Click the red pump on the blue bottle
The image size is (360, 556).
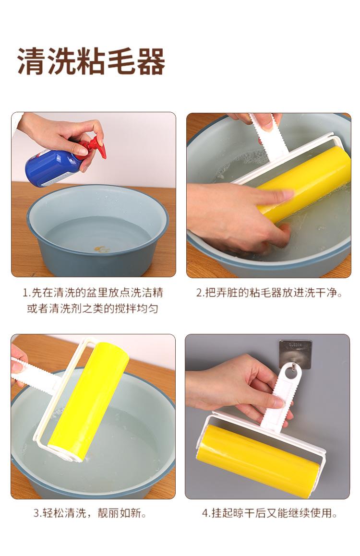point(95,147)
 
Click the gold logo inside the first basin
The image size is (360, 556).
point(101,249)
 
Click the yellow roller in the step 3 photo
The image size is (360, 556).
point(89,400)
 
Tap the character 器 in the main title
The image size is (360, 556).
point(150,61)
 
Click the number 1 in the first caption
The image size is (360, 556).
point(25,293)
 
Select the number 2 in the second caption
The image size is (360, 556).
point(199,293)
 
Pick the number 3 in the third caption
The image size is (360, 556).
point(36,513)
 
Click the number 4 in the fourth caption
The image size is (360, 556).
point(205,513)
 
